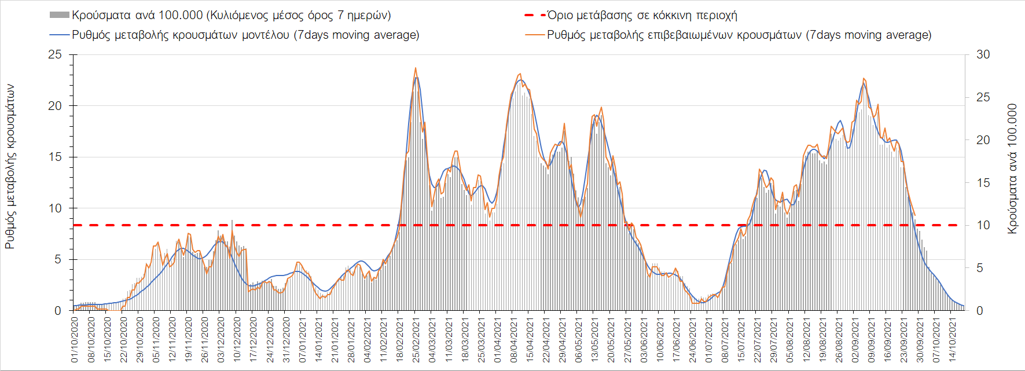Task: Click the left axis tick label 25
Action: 55,54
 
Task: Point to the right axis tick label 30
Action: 983,54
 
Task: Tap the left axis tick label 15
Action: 55,157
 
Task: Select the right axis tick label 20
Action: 983,140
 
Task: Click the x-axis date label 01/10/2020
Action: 74,340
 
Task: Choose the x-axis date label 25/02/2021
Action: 416,340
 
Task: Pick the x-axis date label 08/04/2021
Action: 513,340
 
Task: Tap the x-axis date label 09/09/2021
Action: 871,340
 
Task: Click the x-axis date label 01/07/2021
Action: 708,340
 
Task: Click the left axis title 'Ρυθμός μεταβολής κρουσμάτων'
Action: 10,167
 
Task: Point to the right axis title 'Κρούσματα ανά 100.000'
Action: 1012,169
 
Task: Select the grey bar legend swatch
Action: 60,15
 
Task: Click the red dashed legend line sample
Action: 534,15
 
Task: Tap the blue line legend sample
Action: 60,35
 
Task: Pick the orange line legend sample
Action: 534,35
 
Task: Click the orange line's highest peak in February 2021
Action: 416,68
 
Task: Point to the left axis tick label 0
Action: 58,311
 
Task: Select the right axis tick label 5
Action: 980,268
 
